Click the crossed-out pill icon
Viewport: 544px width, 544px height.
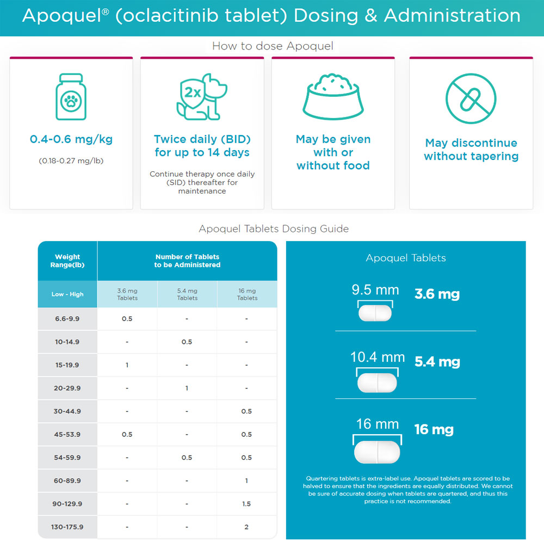click(471, 98)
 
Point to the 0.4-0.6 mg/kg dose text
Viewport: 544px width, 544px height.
click(71, 139)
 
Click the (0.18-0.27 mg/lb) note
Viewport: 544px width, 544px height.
click(71, 160)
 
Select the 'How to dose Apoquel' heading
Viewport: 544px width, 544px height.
click(273, 46)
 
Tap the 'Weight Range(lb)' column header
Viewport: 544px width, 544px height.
click(67, 261)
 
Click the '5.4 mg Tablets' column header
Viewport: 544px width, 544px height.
click(187, 294)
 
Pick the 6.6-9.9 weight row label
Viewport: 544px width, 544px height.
click(67, 319)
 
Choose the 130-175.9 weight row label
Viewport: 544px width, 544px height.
click(67, 527)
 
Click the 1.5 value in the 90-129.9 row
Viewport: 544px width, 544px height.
click(246, 504)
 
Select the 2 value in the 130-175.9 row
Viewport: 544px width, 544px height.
click(246, 527)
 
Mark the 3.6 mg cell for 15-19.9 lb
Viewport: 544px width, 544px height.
click(127, 365)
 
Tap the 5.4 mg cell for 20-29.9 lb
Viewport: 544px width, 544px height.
click(187, 388)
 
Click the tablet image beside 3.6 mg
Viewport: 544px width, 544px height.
click(375, 313)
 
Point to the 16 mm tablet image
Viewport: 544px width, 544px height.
click(377, 452)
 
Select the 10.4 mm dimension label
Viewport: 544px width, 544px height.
click(378, 357)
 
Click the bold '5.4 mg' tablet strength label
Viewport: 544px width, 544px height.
click(437, 362)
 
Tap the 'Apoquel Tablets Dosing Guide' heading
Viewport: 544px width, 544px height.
click(274, 228)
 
